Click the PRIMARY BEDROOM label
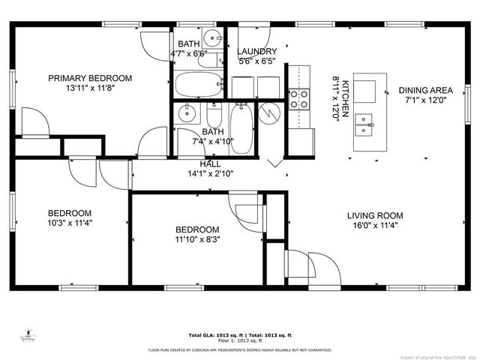[x=90, y=78]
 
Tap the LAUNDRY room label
[x=256, y=52]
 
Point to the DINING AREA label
[x=424, y=89]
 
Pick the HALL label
[x=210, y=163]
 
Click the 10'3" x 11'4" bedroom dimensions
[x=70, y=223]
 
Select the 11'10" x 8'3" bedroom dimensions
[x=197, y=240]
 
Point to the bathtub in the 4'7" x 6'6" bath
[x=198, y=82]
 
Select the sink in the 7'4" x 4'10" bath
[x=187, y=115]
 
